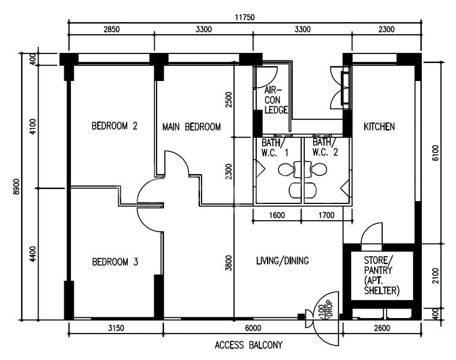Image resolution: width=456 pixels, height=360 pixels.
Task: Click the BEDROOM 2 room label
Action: click(x=115, y=127)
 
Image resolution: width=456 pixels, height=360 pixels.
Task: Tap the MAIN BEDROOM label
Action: click(x=191, y=127)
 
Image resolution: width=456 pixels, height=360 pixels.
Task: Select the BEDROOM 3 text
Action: click(x=115, y=262)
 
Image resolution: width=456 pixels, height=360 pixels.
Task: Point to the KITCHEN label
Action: click(x=379, y=127)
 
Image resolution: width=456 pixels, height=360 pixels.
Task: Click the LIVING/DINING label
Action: click(x=282, y=261)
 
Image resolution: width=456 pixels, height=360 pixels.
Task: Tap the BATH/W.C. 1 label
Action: click(x=275, y=148)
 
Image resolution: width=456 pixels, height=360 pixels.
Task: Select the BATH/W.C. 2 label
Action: click(x=325, y=148)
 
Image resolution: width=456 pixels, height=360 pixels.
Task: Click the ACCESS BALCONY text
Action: click(x=248, y=346)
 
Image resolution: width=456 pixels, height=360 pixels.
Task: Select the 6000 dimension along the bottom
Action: click(x=253, y=328)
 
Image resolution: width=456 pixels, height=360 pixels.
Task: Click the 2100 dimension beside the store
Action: click(x=436, y=276)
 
